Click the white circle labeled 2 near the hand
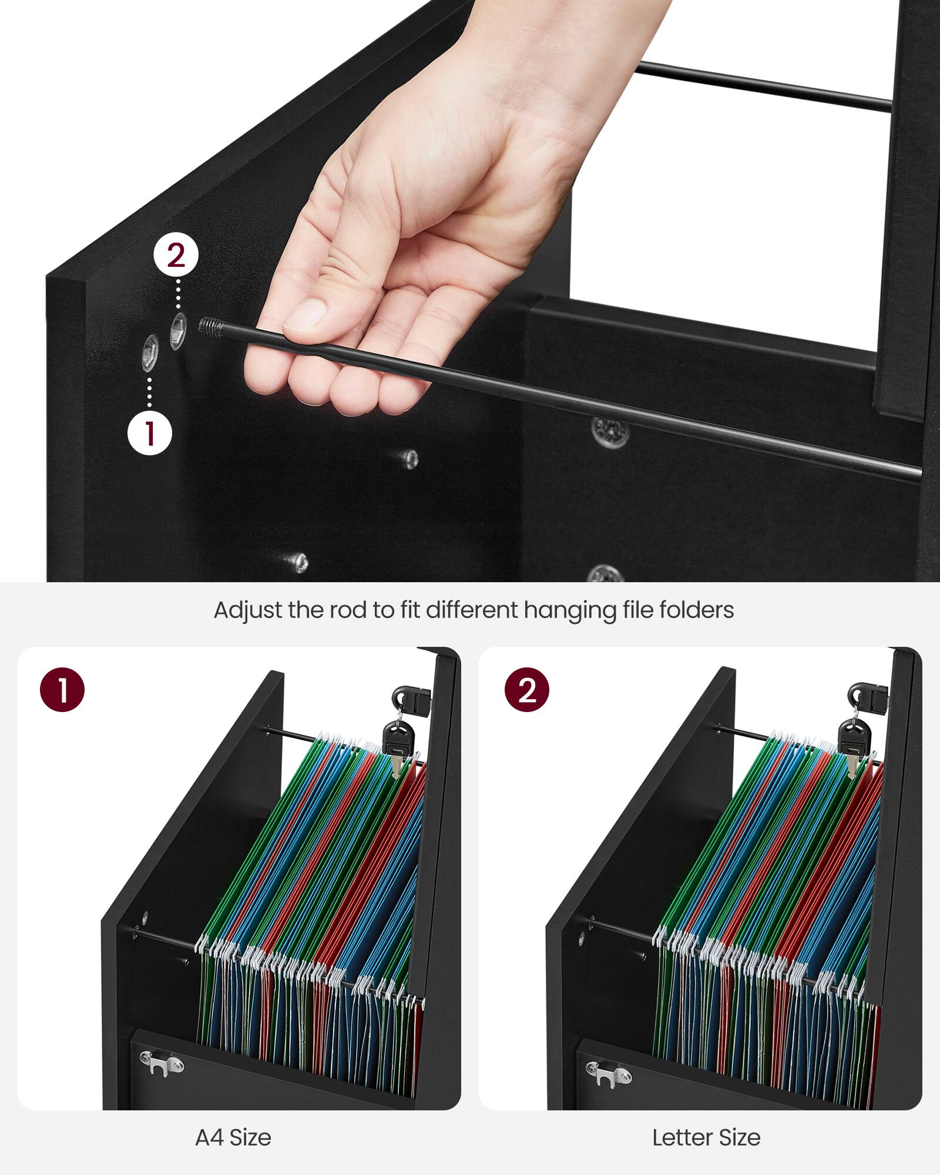point(176,256)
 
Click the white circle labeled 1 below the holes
point(150,433)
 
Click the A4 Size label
point(233,1138)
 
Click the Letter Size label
point(706,1138)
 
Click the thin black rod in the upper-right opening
point(764,86)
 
